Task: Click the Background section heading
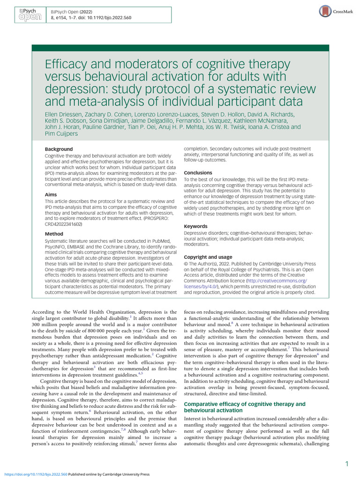(59, 149)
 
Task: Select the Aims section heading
(51, 194)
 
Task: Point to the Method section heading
(54, 233)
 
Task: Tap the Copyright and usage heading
(208, 257)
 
